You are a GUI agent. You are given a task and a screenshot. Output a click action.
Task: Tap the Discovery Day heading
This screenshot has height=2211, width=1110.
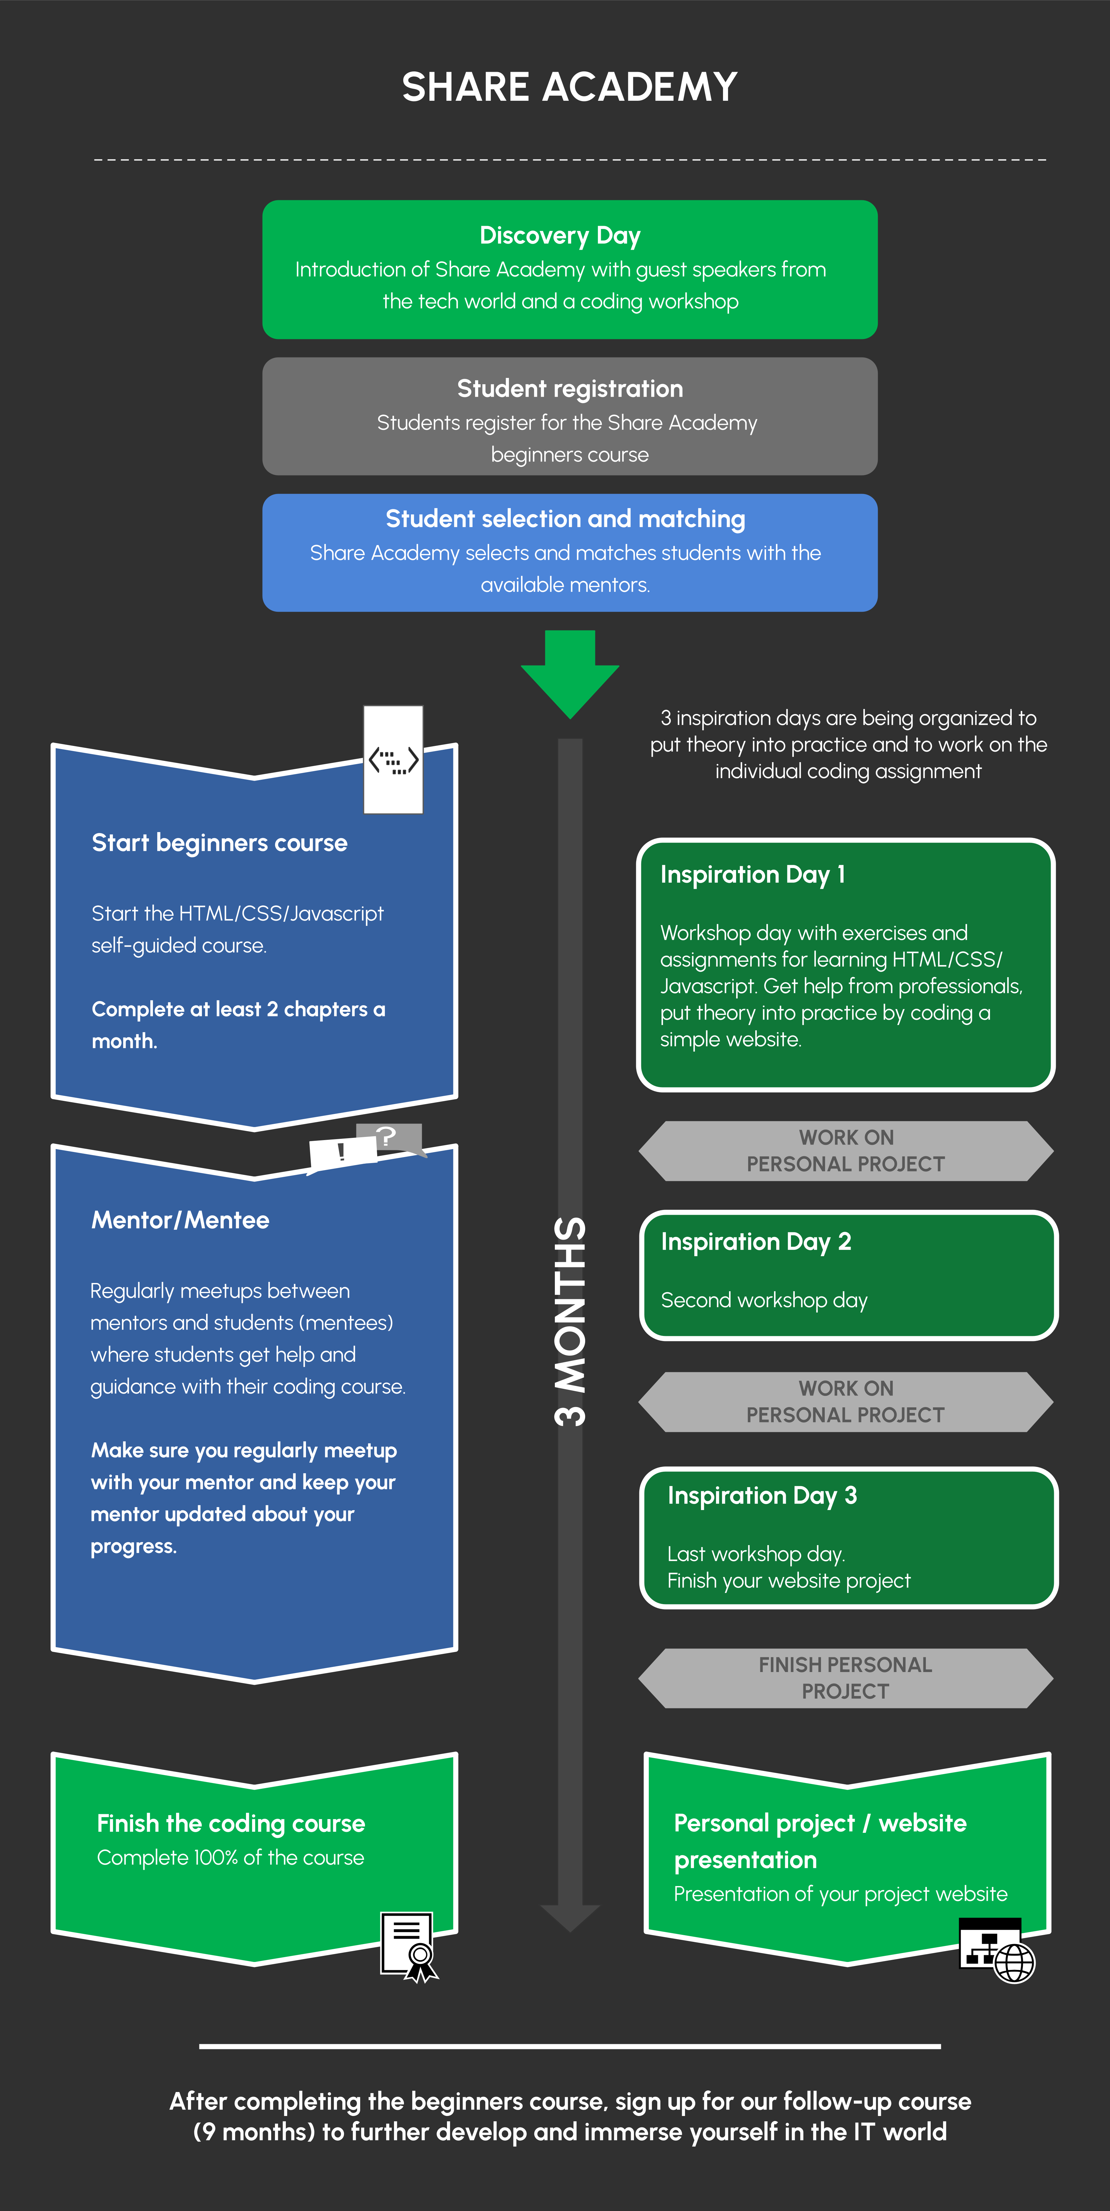(560, 235)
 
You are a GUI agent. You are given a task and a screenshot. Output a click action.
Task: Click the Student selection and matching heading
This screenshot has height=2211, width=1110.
(565, 519)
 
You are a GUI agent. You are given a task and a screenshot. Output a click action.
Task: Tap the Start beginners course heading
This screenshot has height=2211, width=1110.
(220, 843)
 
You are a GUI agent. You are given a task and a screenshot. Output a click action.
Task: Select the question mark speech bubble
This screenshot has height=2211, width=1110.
(391, 1138)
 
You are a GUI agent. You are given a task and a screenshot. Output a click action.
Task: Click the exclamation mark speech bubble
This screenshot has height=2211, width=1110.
(342, 1153)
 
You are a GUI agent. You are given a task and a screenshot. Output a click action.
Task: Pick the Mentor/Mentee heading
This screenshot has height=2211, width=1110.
(180, 1220)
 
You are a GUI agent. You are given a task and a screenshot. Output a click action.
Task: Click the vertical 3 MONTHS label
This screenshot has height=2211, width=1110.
(570, 1322)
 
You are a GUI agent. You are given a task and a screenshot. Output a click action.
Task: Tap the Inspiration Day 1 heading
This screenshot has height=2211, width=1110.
(752, 875)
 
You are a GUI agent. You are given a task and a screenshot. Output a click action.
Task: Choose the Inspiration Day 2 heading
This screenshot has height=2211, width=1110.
(756, 1242)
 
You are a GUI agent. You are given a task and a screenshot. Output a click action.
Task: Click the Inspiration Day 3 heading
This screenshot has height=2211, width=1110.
(762, 1495)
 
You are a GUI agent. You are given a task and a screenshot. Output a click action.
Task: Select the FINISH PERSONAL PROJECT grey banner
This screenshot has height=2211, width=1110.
(846, 1678)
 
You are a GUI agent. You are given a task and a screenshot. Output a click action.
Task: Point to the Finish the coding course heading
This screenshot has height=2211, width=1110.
(231, 1823)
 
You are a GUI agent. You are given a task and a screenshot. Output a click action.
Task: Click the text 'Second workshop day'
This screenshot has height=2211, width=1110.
(764, 1300)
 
